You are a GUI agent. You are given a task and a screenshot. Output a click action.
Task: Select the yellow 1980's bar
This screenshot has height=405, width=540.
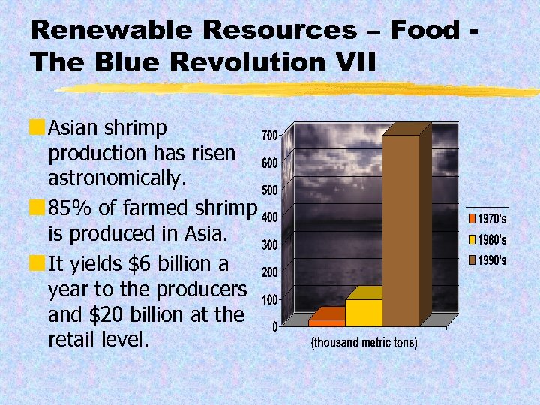pyautogui.click(x=364, y=312)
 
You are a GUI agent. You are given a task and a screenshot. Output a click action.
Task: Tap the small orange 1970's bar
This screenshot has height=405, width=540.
pyautogui.click(x=326, y=322)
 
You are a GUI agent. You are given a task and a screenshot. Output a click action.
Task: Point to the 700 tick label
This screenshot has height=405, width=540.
pyautogui.click(x=269, y=135)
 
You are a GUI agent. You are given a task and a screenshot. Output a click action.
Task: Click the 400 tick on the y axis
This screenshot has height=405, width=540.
pyautogui.click(x=269, y=217)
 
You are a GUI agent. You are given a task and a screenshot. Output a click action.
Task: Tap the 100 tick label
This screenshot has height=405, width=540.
pyautogui.click(x=269, y=299)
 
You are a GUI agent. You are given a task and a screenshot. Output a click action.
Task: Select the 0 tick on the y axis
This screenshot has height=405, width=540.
pyautogui.click(x=274, y=326)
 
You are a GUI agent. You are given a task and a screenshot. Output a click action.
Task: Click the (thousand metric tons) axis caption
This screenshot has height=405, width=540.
pyautogui.click(x=364, y=343)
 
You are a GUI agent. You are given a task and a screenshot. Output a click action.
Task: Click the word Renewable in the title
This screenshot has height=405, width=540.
pyautogui.click(x=98, y=30)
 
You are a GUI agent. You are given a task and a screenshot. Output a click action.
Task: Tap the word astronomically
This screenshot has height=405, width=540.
pyautogui.click(x=121, y=180)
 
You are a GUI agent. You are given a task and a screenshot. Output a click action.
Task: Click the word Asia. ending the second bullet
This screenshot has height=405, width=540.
pyautogui.click(x=204, y=233)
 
